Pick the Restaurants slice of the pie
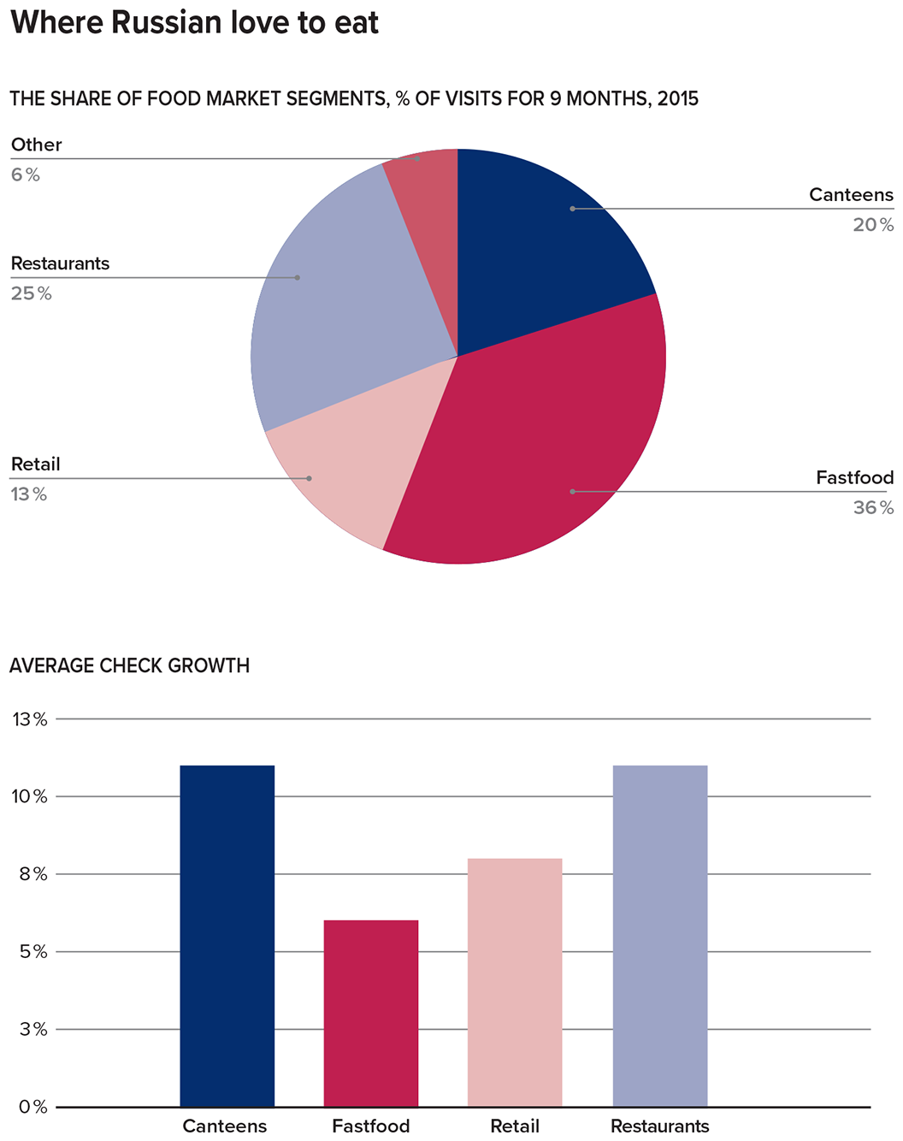click(342, 299)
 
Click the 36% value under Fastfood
click(873, 508)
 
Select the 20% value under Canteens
click(873, 225)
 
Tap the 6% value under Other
click(26, 174)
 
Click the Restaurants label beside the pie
click(60, 263)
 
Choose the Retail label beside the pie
click(35, 464)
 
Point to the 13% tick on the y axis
click(29, 719)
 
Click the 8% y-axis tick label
click(32, 874)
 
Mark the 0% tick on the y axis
click(32, 1107)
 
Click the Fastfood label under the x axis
click(371, 1126)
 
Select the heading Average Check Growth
click(129, 665)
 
